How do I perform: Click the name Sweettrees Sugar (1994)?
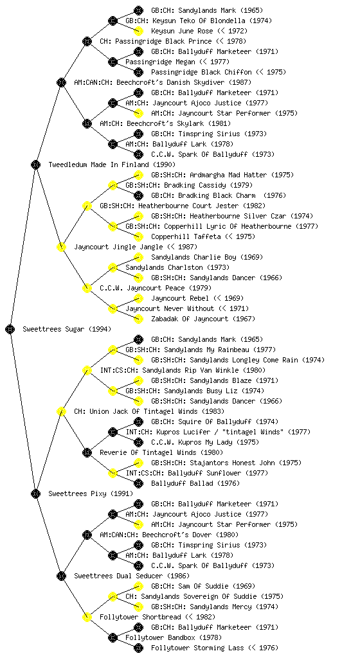click(67, 329)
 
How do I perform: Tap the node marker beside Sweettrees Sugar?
click(10, 329)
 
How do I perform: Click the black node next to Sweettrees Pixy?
click(35, 493)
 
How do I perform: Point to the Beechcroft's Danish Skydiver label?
click(163, 82)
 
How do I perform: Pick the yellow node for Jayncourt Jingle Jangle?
click(61, 247)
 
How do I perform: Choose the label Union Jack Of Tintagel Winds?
click(149, 411)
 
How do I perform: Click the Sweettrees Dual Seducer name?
click(132, 576)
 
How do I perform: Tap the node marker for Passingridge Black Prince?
click(87, 41)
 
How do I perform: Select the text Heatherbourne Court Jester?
click(183, 206)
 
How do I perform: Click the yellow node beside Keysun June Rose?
click(138, 31)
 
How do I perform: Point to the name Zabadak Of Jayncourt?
click(203, 319)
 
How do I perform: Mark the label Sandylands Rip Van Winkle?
click(183, 370)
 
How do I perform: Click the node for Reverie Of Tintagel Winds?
click(87, 452)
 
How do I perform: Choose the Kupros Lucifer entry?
click(218, 432)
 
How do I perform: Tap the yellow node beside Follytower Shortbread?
click(87, 617)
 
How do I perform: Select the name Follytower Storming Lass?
click(215, 648)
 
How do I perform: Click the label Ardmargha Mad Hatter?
click(222, 175)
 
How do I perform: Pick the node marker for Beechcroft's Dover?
click(87, 535)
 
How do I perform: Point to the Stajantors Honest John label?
click(226, 463)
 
